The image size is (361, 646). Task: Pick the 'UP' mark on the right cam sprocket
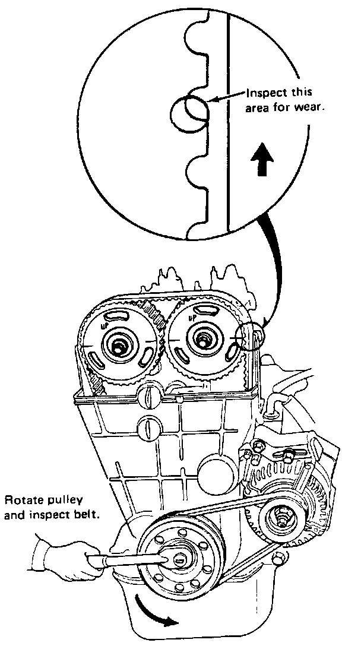pos(192,319)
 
